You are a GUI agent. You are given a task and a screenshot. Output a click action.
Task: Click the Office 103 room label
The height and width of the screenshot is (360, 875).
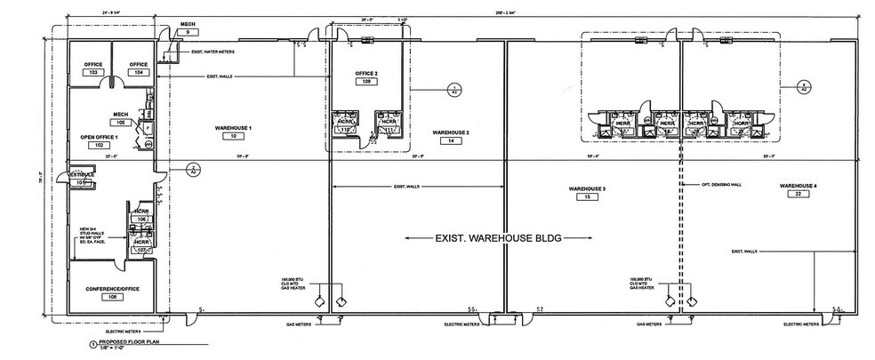[93, 65]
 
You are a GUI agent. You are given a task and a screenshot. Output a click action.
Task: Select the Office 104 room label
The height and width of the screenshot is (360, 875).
[137, 65]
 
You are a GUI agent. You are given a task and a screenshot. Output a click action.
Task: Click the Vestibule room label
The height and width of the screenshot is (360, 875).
[82, 175]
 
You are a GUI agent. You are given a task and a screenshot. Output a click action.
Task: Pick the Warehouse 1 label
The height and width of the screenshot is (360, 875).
[233, 129]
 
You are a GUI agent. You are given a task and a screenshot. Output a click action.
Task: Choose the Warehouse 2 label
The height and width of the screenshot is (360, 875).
[451, 132]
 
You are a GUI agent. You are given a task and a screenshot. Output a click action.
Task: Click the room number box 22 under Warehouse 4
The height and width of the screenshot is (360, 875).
[798, 194]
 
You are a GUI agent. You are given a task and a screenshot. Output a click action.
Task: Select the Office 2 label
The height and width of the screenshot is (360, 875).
[366, 73]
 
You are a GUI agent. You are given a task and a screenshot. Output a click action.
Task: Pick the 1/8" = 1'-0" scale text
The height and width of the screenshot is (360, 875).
[113, 349]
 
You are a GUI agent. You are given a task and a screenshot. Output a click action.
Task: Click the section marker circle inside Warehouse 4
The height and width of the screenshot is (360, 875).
[803, 86]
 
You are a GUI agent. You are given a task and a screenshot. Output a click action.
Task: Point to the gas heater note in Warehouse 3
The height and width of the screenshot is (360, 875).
[642, 282]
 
